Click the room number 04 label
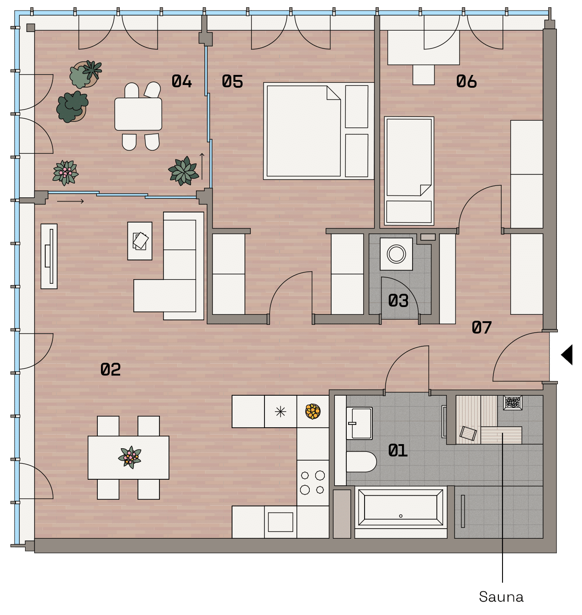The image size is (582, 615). [x=181, y=81]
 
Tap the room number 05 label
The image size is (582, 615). [x=232, y=81]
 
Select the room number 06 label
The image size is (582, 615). [x=466, y=81]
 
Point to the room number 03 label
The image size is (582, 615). [x=398, y=301]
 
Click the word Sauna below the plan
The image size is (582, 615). [x=501, y=597]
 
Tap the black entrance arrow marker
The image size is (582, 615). [x=566, y=355]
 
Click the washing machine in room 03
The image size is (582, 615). [x=396, y=254]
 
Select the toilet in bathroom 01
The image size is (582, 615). [x=361, y=462]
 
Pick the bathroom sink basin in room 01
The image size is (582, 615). [x=360, y=423]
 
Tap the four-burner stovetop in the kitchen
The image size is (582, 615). [x=312, y=482]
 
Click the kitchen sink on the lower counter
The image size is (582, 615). [x=280, y=522]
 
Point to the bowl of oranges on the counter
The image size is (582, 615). [x=313, y=411]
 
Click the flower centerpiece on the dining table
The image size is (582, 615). [x=130, y=457]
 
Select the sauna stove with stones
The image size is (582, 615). [x=513, y=403]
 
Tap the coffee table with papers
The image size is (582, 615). [x=140, y=241]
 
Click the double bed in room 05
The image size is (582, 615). [x=318, y=131]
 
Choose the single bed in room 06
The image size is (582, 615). [x=409, y=171]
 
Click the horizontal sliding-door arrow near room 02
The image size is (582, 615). [x=70, y=201]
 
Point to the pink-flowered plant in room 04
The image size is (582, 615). [x=65, y=173]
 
